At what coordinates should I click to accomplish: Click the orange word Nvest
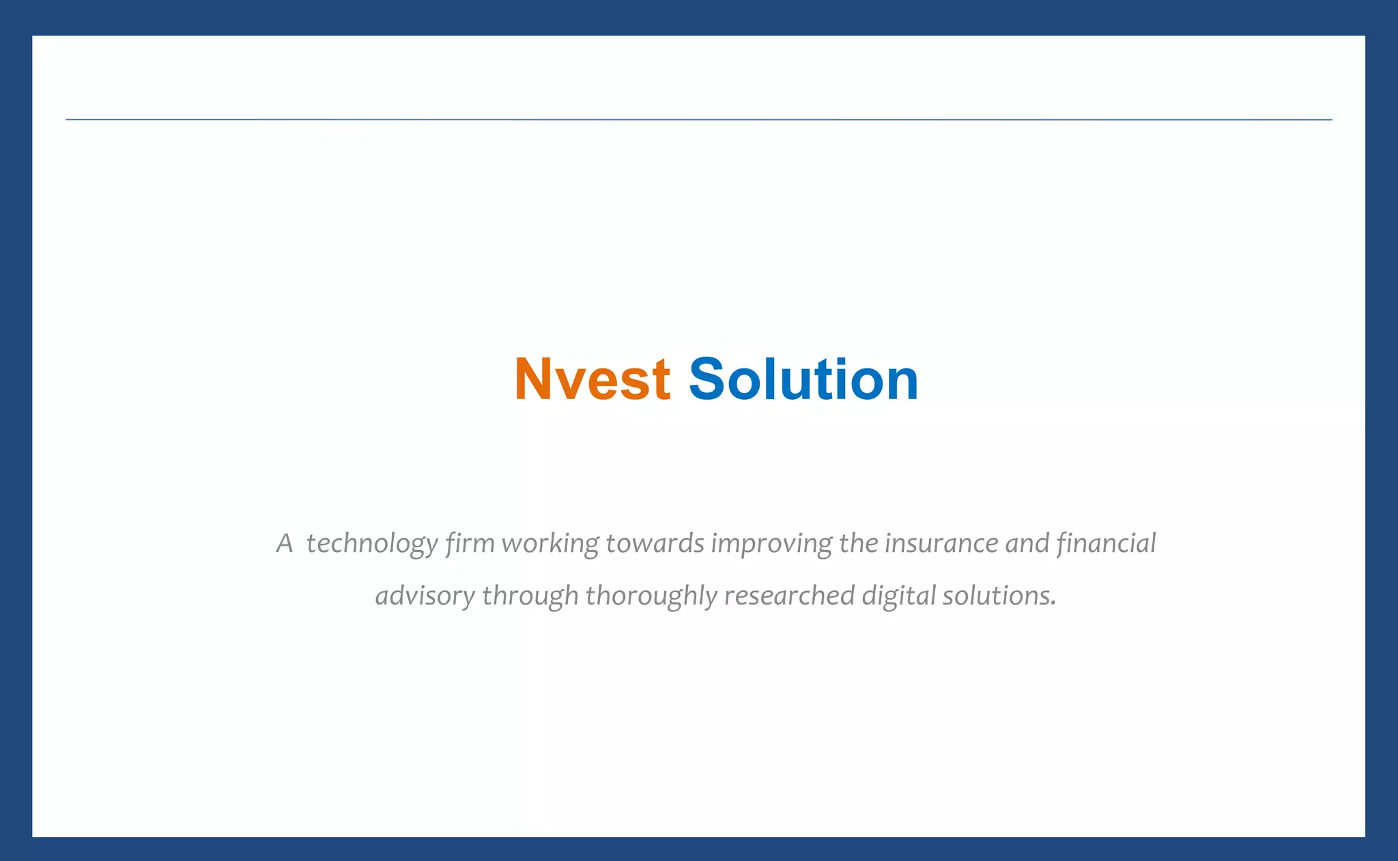592,379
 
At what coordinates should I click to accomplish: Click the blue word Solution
803,379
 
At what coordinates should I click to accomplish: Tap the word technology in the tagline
372,544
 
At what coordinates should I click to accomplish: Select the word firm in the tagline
470,544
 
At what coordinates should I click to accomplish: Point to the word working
550,544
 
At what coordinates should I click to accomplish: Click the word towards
655,544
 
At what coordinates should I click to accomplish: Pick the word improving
771,544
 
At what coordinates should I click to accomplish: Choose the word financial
1106,544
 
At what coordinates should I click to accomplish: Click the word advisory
425,596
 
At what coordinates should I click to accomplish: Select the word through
530,596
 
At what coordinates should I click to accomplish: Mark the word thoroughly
651,596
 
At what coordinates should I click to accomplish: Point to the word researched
789,596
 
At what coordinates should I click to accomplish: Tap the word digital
898,596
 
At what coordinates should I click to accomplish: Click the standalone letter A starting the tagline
285,544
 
